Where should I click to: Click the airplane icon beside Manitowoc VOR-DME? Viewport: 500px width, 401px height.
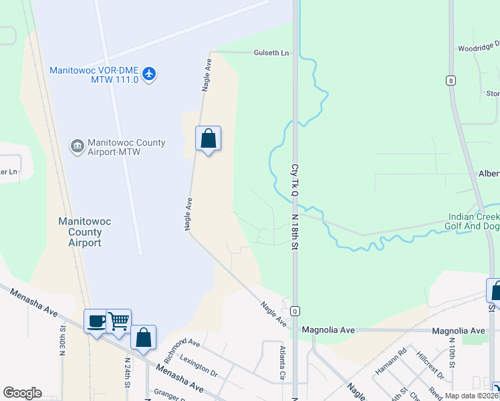149,74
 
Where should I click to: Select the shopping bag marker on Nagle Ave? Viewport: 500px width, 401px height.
208,139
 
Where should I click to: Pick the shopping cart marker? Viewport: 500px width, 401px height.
118,321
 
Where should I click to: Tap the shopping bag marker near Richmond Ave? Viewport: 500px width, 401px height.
144,337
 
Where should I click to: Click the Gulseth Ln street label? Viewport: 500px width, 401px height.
271,53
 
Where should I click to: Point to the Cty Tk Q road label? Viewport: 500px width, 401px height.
293,180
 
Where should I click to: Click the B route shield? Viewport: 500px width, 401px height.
451,81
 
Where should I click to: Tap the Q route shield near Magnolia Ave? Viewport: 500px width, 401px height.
294,311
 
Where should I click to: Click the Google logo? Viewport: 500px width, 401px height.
22,393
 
